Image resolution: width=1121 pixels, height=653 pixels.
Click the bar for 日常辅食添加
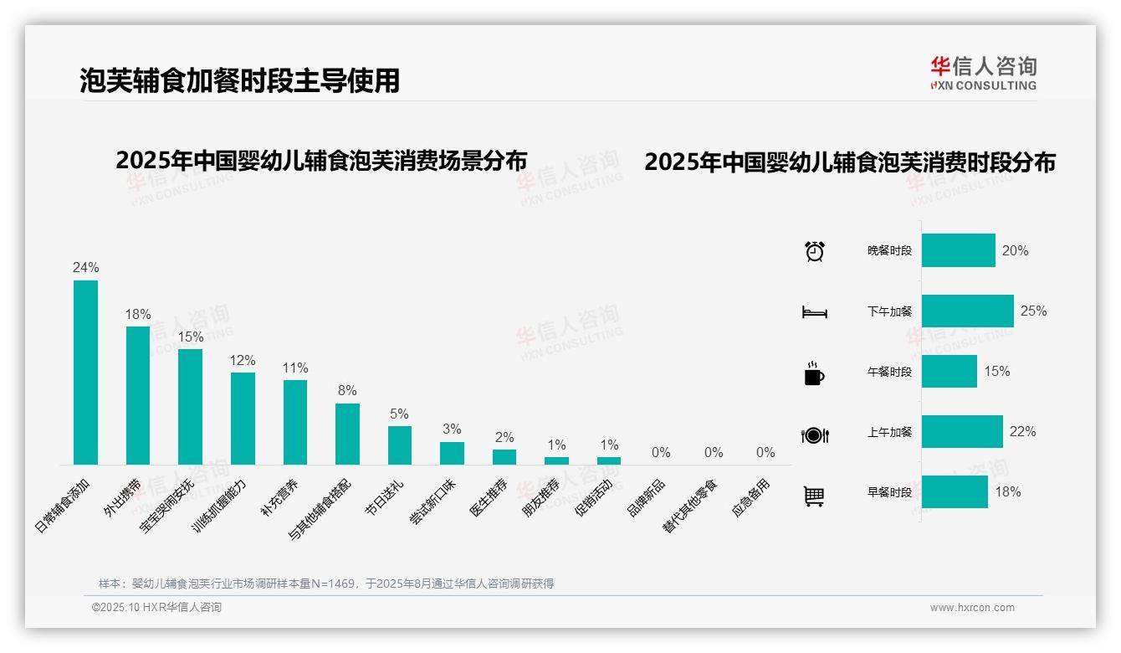point(85,373)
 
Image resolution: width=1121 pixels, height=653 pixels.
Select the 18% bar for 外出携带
point(138,395)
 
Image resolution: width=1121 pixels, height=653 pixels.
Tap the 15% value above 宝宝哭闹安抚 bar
point(191,337)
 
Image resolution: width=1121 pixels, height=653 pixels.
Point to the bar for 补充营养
point(295,422)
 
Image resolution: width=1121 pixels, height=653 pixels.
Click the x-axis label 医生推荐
point(489,498)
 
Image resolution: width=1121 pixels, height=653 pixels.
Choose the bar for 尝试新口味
point(452,453)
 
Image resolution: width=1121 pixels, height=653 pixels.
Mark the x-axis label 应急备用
point(750,498)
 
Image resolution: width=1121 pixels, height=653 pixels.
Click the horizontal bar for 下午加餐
point(967,311)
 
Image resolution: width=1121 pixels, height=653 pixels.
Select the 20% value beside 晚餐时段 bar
point(1015,250)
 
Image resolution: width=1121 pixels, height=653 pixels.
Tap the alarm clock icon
point(815,250)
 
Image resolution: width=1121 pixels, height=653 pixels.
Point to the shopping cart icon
point(814,496)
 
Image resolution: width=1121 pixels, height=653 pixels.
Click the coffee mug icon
point(814,373)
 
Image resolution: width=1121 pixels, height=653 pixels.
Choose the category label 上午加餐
point(889,432)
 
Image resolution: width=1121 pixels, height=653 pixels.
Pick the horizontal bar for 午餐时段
point(950,371)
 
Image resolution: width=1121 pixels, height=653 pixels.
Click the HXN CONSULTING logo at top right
point(983,73)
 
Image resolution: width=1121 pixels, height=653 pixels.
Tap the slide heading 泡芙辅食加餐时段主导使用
point(240,80)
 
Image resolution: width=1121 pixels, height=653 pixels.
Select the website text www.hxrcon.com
point(972,608)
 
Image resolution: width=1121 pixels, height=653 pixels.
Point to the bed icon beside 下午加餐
point(814,312)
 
